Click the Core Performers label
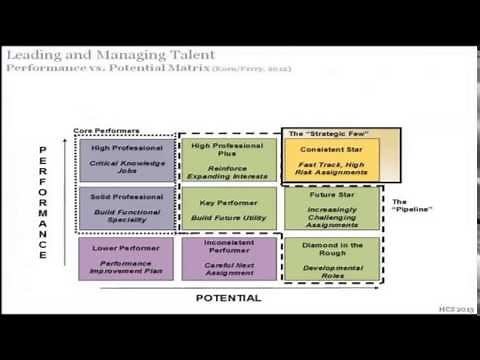tap(107, 130)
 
